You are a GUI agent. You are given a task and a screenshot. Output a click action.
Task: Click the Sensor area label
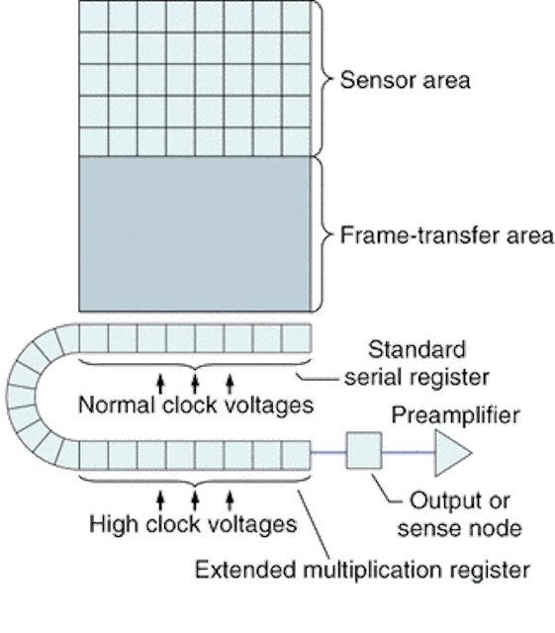406,80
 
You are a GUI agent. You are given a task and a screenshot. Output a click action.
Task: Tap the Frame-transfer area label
447,235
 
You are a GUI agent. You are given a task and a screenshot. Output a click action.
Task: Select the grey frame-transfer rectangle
195,234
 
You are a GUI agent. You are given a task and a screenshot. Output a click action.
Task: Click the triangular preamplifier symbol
452,453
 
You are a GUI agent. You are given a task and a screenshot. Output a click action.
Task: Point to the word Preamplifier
455,415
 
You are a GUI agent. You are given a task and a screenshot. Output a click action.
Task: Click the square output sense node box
364,451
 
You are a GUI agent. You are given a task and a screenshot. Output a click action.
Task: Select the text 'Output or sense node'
460,514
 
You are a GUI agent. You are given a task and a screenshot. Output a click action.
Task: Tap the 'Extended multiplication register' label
362,570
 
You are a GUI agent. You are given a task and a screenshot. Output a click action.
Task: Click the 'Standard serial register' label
416,363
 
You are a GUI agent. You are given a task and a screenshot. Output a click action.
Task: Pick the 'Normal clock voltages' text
196,405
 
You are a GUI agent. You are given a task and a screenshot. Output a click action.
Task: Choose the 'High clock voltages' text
193,524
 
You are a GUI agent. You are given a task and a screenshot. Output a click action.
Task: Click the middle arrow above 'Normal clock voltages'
195,384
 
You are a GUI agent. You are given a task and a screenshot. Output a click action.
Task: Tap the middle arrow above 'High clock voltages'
195,500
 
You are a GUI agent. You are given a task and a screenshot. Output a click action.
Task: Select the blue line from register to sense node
328,452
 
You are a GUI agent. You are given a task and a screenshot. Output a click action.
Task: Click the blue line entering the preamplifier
409,452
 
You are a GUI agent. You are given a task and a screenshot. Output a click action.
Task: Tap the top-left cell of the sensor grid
94,16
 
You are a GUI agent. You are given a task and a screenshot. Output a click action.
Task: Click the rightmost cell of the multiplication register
296,455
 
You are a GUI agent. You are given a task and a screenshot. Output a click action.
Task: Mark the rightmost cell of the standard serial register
296,338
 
